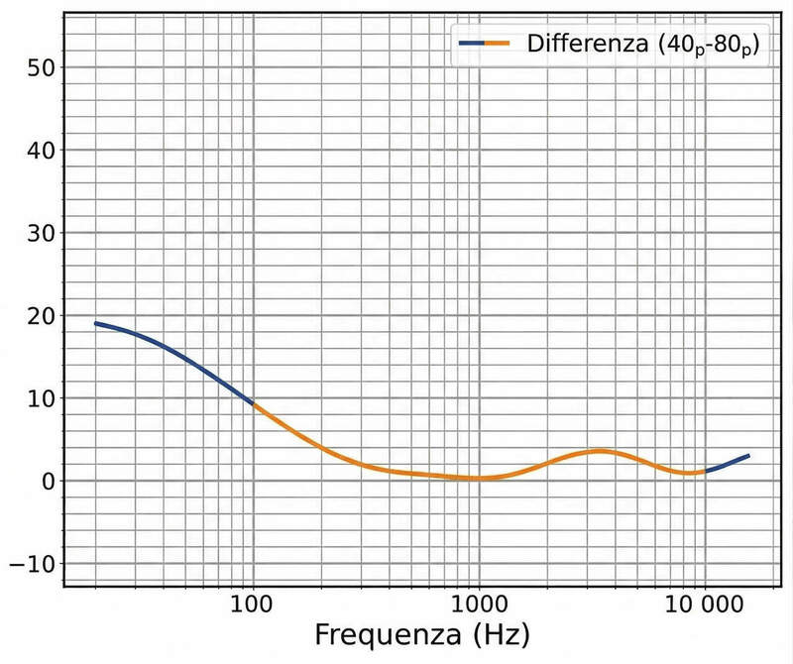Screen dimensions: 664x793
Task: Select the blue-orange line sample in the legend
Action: pos(484,44)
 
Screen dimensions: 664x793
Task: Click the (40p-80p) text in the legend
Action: pos(705,46)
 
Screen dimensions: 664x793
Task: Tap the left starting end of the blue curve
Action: pos(95,323)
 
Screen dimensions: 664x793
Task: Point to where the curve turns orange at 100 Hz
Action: pos(254,404)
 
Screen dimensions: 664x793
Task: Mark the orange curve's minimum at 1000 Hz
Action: pos(479,479)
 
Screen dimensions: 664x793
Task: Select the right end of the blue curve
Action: pos(748,456)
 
